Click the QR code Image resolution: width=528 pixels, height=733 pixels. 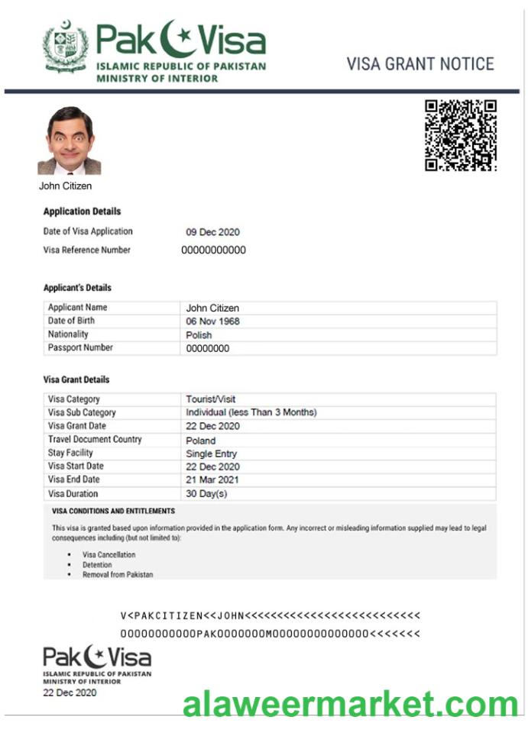pos(461,135)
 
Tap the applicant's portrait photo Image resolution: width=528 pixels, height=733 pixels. pos(69,140)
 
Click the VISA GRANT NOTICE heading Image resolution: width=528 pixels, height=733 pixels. pos(420,64)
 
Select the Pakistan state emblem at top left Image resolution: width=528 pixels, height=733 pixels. pos(66,47)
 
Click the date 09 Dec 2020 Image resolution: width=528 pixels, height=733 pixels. pos(212,232)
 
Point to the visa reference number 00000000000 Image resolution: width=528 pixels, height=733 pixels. pos(213,250)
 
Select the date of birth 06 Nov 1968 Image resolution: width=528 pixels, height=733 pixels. pos(212,321)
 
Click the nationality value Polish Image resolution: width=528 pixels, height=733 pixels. pos(199,335)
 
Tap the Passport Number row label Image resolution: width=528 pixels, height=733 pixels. pos(80,348)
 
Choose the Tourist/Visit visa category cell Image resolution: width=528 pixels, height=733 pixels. pos(210,399)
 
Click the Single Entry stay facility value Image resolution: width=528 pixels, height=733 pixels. pos(211,454)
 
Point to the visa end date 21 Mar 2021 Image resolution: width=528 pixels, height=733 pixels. pos(212,480)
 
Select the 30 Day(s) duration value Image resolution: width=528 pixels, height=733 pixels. pos(206,494)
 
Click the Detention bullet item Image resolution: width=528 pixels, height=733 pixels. pos(97,565)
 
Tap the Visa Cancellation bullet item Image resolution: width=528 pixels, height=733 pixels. pos(109,555)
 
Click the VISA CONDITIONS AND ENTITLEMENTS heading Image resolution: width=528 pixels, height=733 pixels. pos(113,512)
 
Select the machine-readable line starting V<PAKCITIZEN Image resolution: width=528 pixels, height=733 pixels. pos(270,615)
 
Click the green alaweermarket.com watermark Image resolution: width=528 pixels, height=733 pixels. pos(351,703)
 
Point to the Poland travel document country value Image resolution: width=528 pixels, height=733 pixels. pos(200,441)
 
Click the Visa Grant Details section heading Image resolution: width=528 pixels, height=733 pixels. pos(76,379)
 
